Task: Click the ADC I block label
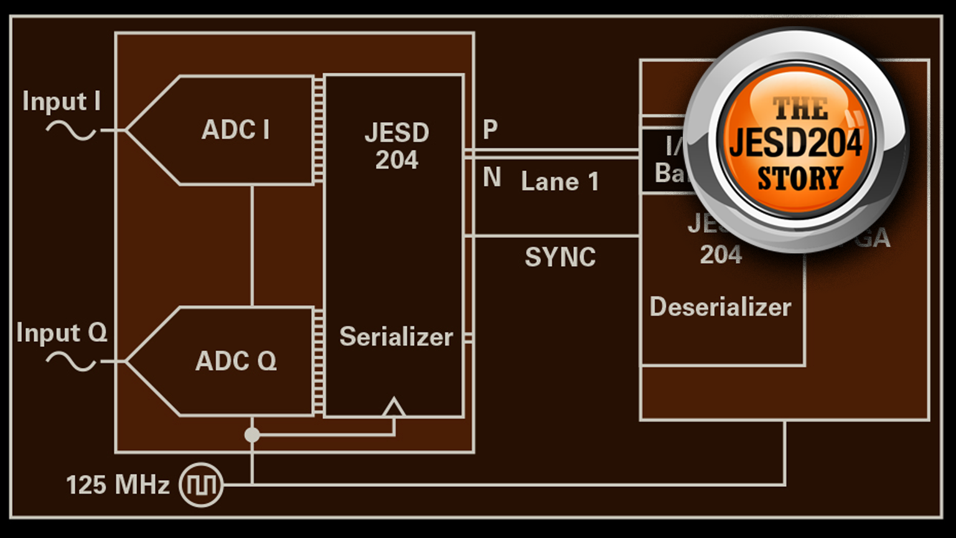(235, 130)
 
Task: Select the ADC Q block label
(236, 361)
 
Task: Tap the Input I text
(61, 101)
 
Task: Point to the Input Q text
(62, 333)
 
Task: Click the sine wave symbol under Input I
(71, 131)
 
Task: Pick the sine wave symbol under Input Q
(71, 361)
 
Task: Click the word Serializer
(396, 337)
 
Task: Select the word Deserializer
(720, 307)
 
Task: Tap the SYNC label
(560, 257)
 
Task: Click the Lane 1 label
(560, 182)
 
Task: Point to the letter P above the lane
(490, 130)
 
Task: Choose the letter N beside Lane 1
(492, 177)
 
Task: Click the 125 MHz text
(118, 485)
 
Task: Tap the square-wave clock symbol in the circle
(201, 485)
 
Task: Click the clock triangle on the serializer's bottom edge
(393, 408)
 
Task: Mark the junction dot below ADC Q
(252, 435)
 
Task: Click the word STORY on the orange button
(800, 179)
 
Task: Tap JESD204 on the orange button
(796, 143)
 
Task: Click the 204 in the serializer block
(396, 161)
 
